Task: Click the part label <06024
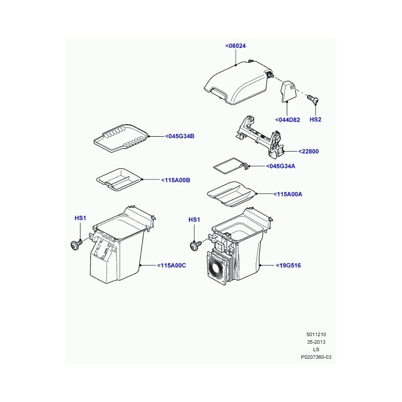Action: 235,46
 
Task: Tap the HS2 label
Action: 316,120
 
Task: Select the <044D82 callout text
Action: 287,120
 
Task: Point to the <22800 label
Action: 309,151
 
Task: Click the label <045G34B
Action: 179,136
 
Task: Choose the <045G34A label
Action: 280,166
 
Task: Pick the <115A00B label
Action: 175,180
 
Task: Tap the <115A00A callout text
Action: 287,194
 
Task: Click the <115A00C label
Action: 171,265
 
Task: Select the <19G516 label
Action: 288,265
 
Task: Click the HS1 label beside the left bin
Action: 80,218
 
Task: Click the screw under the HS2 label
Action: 313,98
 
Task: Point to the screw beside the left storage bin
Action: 76,245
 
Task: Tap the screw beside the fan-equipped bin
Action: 195,245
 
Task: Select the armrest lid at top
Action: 237,82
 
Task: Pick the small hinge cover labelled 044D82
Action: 287,92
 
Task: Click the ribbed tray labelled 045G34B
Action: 121,138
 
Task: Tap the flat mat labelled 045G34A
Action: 230,166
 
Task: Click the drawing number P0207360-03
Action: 316,357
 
